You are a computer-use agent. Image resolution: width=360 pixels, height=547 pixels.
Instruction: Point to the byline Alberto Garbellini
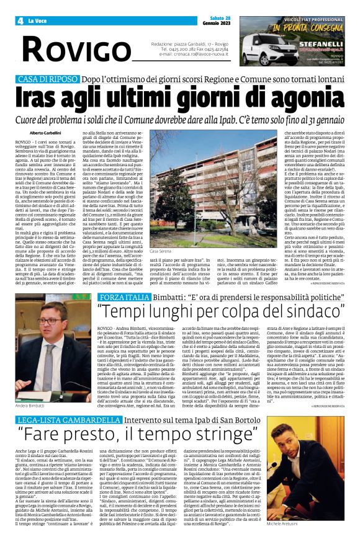(46, 133)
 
